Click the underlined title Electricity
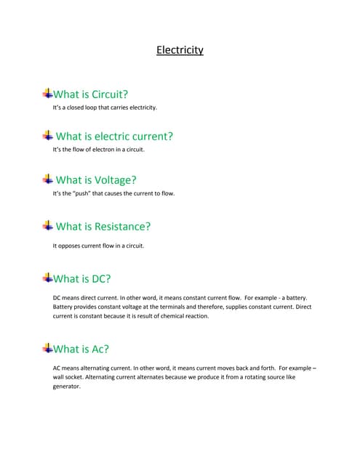[180, 50]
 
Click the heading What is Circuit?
[90, 94]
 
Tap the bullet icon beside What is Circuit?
[48, 93]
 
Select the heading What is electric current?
[114, 136]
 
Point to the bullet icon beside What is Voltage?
[48, 179]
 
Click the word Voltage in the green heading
[111, 180]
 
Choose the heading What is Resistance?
[103, 227]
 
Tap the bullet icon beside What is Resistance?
[48, 225]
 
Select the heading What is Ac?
[81, 349]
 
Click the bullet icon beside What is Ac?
[48, 347]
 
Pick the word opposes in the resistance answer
[71, 246]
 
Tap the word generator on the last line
[65, 387]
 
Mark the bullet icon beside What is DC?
[48, 277]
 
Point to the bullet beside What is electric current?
[48, 135]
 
